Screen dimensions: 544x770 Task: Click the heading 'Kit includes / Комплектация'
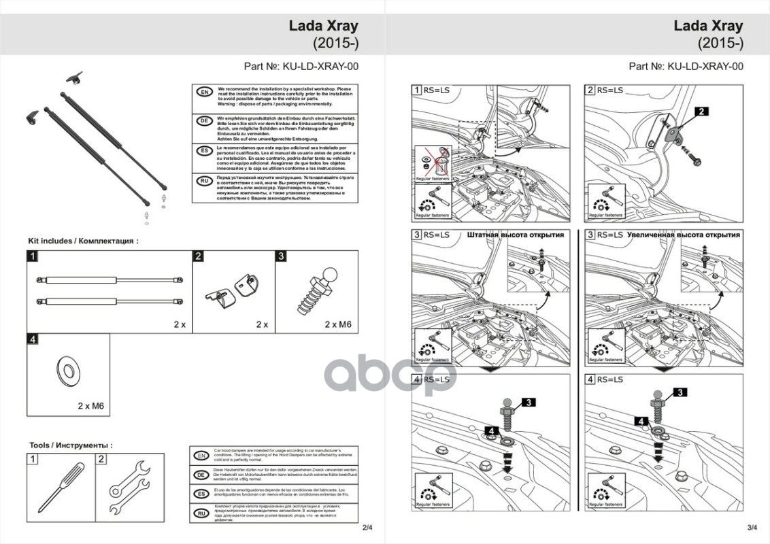tap(83, 241)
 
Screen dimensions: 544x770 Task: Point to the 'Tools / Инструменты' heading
tap(71, 445)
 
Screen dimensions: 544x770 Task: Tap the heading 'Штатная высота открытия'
tap(516, 235)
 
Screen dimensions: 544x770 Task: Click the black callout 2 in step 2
tap(701, 111)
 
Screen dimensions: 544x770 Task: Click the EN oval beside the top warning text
tap(203, 92)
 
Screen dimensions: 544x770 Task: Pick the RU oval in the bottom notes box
tap(201, 514)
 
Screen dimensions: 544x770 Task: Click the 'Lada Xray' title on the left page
tap(324, 27)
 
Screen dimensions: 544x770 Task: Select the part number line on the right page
tap(686, 67)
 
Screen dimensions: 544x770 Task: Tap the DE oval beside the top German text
tap(203, 121)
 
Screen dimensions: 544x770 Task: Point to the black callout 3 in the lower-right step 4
tap(680, 392)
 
